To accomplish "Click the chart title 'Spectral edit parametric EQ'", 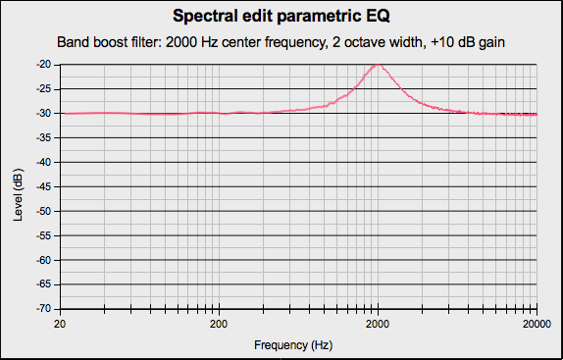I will (x=281, y=17).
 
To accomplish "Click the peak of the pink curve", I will (x=378, y=65).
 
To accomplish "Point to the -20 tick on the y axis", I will (x=44, y=65).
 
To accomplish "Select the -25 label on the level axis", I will (x=44, y=89).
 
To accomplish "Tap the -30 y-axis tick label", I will (x=44, y=114).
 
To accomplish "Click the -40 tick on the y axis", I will (x=44, y=162).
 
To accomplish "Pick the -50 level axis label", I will (x=44, y=211).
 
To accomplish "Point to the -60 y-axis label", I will (x=44, y=260).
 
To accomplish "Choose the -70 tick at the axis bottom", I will (x=44, y=309).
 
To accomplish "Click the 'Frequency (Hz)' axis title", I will (x=294, y=345).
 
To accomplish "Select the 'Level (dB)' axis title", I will (x=19, y=186).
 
